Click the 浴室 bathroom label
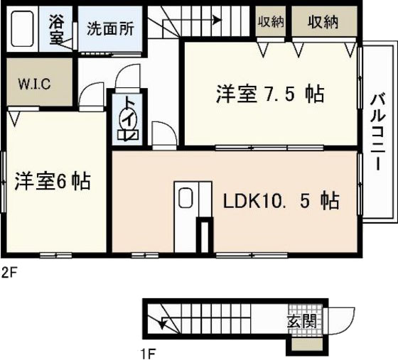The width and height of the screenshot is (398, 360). coord(56,29)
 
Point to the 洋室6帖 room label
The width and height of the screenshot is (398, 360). coord(52,181)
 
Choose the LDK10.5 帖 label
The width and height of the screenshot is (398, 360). coord(281,201)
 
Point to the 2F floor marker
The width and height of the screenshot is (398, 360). coord(9,271)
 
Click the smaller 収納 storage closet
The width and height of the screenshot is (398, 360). coord(270,23)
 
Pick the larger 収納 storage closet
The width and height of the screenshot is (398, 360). coord(323,23)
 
